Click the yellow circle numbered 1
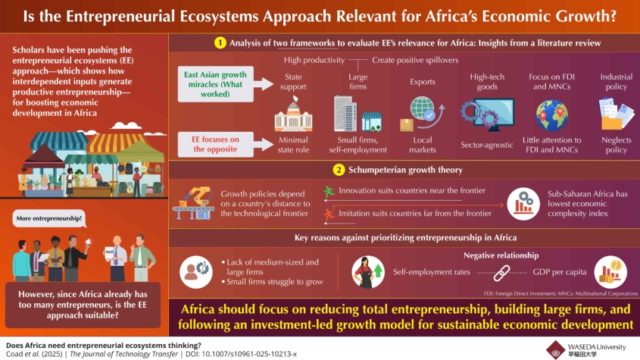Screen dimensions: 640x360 220,43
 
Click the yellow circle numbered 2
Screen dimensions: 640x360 339,170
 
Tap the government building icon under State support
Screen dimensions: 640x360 293,114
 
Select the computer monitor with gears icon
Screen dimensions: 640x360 487,114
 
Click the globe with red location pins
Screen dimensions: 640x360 552,115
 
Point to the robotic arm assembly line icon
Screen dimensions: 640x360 193,203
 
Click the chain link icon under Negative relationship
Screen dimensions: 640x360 501,273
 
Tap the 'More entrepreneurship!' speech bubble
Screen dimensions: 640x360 49,218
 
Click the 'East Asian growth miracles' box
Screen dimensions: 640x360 216,84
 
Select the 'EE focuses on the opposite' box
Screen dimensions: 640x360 216,144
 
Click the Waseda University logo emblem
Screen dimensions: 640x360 555,350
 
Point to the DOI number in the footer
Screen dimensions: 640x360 249,354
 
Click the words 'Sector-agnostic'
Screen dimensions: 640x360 487,145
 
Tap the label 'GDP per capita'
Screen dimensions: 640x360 560,272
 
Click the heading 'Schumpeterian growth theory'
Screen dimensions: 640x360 405,170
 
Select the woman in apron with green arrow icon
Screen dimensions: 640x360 368,272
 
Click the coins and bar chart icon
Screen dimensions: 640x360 610,272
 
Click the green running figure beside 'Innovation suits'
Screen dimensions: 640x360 329,191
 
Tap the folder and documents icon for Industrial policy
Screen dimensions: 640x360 616,113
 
